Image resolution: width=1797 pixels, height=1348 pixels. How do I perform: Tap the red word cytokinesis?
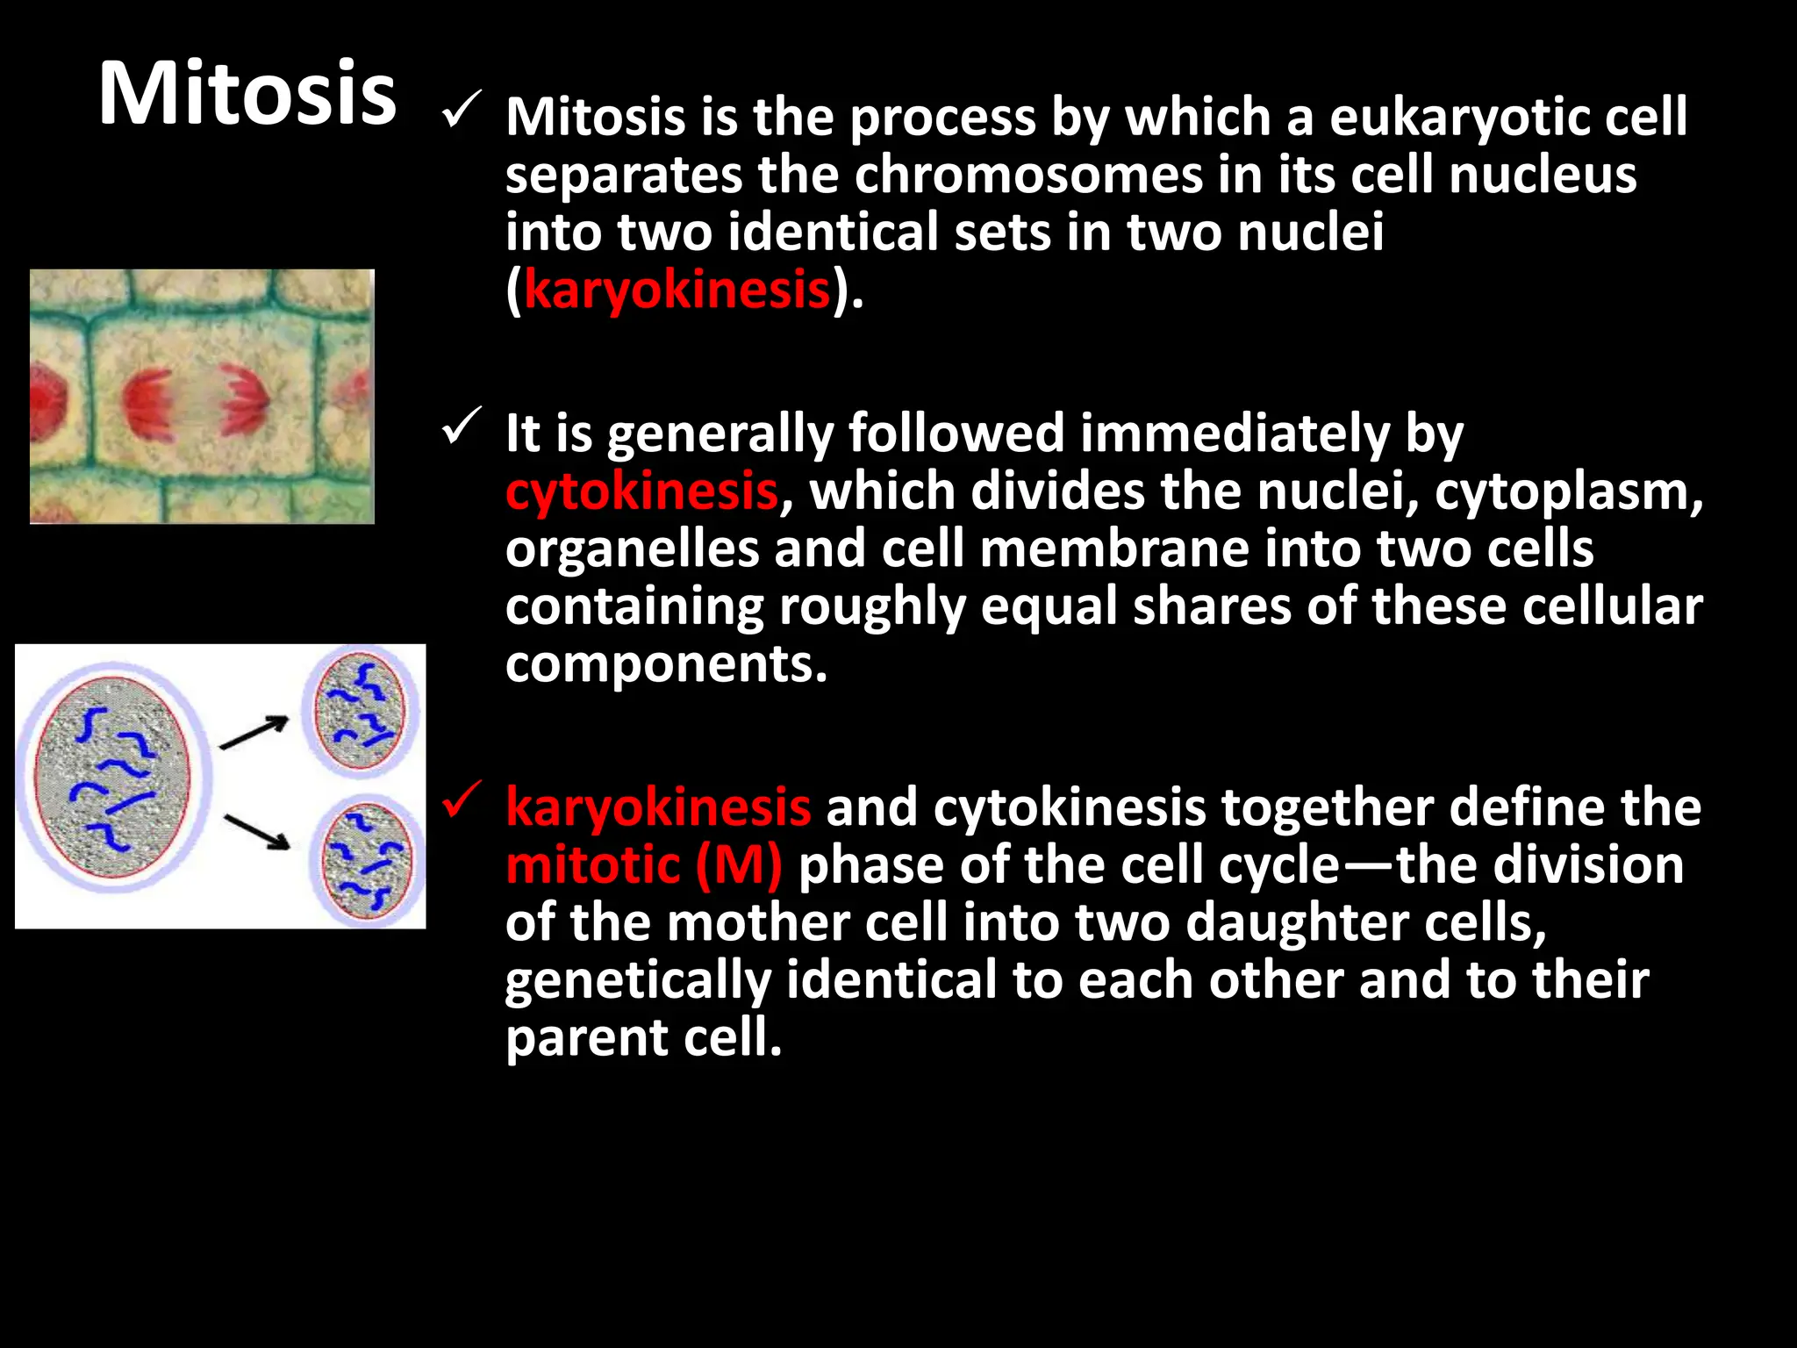(641, 491)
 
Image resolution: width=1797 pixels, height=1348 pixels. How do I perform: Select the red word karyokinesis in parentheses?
(677, 290)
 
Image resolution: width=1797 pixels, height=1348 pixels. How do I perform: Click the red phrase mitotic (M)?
(644, 865)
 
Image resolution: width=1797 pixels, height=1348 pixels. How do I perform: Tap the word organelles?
(632, 549)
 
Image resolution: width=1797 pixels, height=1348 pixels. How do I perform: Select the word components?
(665, 664)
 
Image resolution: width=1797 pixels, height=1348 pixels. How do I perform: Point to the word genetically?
(637, 981)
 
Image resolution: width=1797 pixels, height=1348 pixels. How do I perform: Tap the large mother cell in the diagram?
(114, 778)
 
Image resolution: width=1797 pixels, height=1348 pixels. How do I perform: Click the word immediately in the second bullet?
(1235, 434)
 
